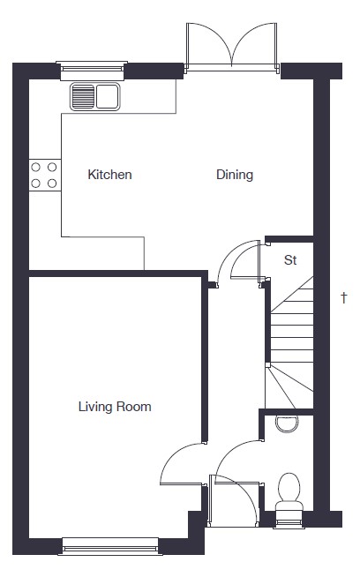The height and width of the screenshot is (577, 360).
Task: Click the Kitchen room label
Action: [x=109, y=175]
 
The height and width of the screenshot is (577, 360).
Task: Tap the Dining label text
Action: [x=235, y=175]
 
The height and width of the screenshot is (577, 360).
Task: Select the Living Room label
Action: [x=115, y=407]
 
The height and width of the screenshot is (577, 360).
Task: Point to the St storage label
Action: [x=290, y=260]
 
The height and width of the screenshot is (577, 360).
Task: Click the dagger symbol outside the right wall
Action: [x=344, y=297]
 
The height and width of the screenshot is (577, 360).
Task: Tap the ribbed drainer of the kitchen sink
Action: [x=83, y=97]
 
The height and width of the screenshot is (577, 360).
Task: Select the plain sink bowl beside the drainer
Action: [x=107, y=97]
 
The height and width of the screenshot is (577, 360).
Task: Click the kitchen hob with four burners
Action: [x=44, y=176]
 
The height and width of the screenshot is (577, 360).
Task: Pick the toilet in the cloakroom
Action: [x=289, y=492]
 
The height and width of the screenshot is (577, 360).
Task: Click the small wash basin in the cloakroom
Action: [x=287, y=423]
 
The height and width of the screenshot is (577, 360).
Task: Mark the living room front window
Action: [x=110, y=546]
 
